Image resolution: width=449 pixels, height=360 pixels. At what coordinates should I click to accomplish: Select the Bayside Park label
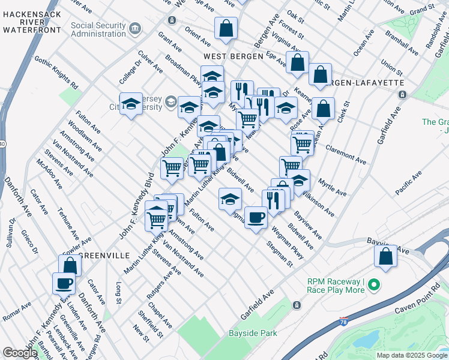coord(252,333)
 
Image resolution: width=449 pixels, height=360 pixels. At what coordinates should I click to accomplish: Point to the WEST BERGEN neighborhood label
coord(233,56)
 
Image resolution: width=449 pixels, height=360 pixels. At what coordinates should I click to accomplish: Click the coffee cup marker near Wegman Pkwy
coord(256,217)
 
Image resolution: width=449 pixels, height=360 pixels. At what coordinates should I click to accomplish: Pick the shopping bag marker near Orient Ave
coord(226,28)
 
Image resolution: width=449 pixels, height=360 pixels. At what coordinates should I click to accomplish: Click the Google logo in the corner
coord(20,353)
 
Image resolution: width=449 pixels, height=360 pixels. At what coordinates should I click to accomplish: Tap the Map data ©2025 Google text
coord(411,355)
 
